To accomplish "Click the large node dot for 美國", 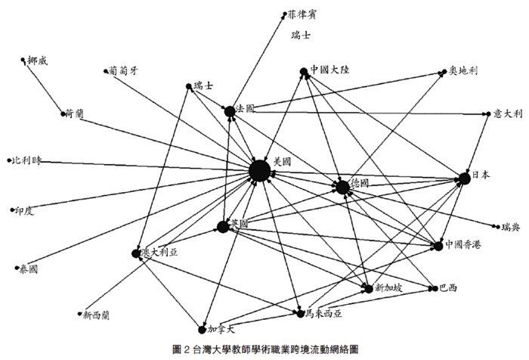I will coord(260,171).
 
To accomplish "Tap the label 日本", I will coord(481,175).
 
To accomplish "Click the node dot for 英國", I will coord(223,226).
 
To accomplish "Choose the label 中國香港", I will coord(463,245).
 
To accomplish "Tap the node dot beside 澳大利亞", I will coord(137,253).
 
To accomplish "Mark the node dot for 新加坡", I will coord(367,288).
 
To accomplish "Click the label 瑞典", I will coord(511,226).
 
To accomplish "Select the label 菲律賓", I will coord(304,14).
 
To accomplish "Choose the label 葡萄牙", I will coord(124,71).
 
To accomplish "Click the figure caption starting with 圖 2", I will coord(264,349).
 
